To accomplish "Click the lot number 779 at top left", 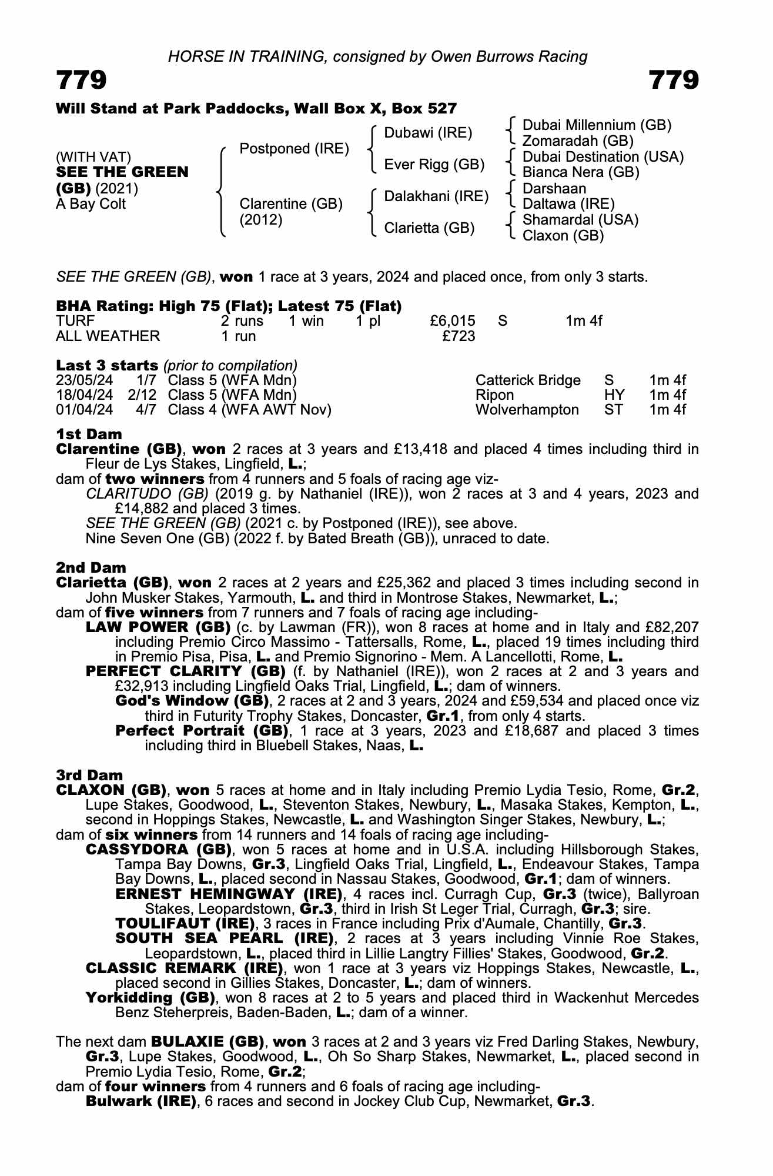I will tap(81, 81).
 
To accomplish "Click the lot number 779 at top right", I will tap(674, 81).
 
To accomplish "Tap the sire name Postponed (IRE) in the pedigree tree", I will tap(294, 149).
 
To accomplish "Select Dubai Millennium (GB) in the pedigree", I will tap(597, 125).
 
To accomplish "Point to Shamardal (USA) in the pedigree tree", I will tap(580, 220).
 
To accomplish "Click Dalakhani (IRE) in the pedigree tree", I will tap(436, 196).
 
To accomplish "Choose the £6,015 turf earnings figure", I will tap(452, 321).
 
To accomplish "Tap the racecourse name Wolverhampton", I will tap(527, 410).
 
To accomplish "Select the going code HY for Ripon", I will tap(614, 395).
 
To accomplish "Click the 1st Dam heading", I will tap(89, 435).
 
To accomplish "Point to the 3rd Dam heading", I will tap(89, 776).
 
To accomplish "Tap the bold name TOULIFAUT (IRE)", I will tap(185, 923).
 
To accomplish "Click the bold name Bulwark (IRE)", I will tap(141, 1101).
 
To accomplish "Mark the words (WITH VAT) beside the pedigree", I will tap(93, 157).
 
